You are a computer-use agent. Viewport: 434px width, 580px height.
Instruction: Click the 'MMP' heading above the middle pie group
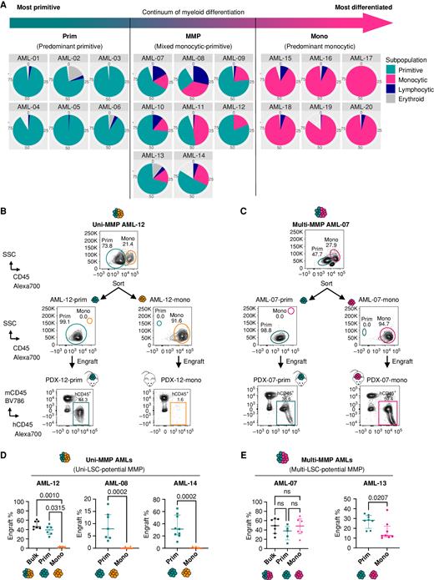[193, 35]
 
